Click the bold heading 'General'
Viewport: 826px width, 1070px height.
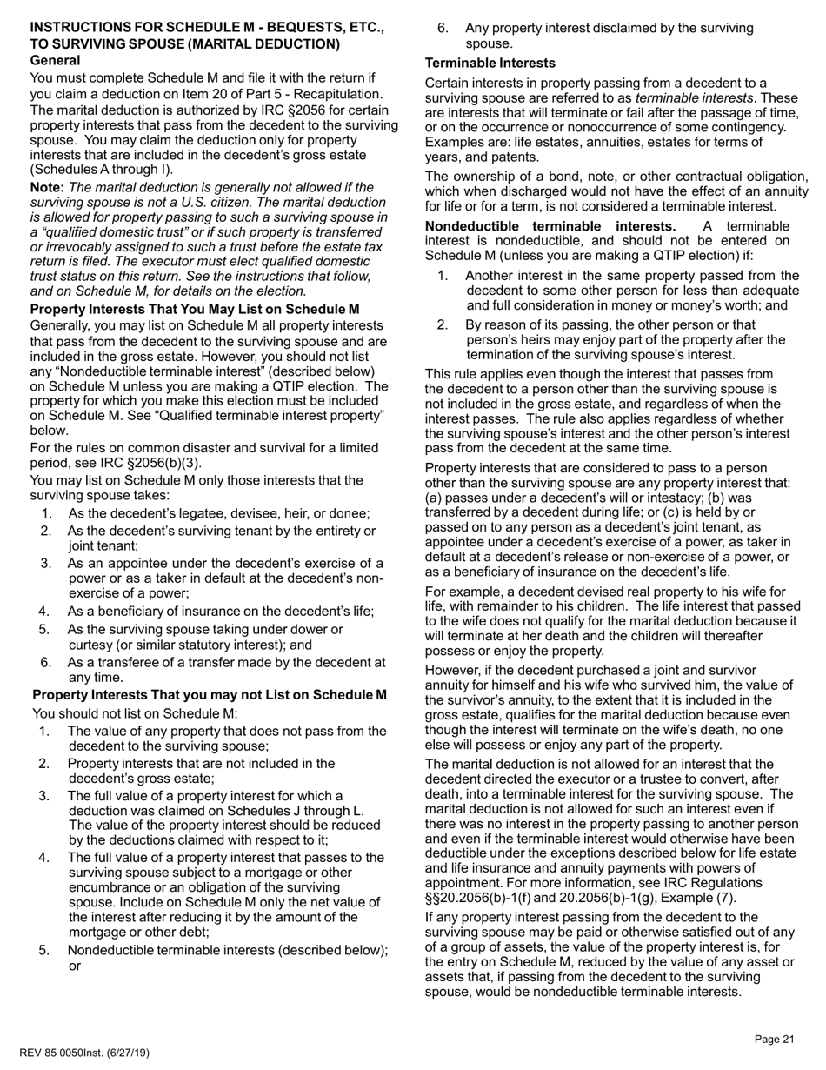pos(56,60)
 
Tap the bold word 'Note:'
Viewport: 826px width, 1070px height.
pos(48,187)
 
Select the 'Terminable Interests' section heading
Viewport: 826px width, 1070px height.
pos(490,64)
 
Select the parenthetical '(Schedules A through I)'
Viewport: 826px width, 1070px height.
pos(102,169)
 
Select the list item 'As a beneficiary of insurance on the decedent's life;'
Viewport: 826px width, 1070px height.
pos(220,611)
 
